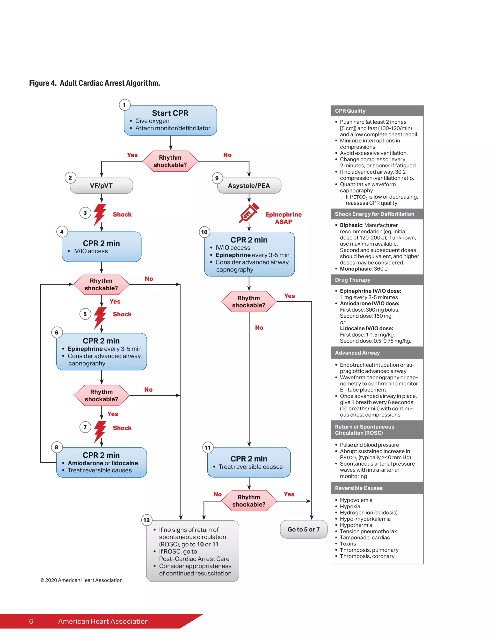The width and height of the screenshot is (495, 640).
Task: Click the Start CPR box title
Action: pos(170,113)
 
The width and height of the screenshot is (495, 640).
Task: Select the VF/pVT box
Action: pos(102,185)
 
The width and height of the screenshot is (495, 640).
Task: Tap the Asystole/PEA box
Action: pos(249,185)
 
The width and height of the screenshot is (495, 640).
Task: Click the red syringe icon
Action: pos(249,213)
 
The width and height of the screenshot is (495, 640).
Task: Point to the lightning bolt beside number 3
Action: pos(100,214)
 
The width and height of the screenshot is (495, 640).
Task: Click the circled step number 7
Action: pos(85,427)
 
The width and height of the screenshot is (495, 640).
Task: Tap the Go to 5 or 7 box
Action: pos(304,529)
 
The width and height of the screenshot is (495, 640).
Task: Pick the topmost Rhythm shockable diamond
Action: pos(170,161)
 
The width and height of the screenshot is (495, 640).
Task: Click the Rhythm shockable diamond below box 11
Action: pos(249,500)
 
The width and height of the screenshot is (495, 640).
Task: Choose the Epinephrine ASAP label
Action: pos(283,218)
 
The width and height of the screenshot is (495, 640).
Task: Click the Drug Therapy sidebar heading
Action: pos(352,280)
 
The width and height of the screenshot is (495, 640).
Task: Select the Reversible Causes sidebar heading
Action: pos(359,488)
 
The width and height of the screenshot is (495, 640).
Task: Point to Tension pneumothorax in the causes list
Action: pos(368,531)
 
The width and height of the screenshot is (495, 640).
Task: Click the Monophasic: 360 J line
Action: pos(364,269)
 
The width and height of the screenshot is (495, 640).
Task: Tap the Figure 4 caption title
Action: pos(95,83)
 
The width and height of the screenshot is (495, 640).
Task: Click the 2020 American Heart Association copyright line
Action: pos(81,580)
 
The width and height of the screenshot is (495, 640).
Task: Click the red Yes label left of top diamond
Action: pos(132,155)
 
